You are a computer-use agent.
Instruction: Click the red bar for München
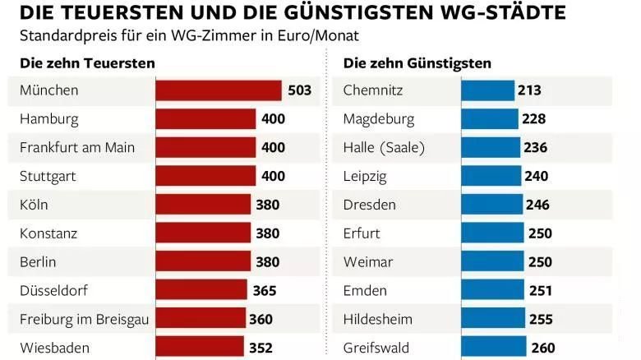pos(219,90)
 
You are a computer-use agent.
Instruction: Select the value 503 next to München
pos(300,90)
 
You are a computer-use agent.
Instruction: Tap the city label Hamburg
pos(49,119)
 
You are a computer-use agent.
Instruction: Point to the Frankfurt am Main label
pos(77,148)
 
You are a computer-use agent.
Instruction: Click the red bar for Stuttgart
pos(205,177)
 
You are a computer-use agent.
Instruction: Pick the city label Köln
pos(35,205)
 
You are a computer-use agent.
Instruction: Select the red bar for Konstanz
pos(203,233)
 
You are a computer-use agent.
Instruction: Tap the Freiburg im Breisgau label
pos(84,319)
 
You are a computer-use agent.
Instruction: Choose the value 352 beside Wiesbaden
pos(261,348)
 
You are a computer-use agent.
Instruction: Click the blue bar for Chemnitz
pos(487,90)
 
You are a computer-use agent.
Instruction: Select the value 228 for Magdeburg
pos(533,119)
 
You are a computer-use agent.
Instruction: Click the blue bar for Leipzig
pos(491,177)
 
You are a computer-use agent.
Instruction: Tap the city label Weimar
pos(368,262)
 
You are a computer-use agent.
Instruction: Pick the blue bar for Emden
pos(493,290)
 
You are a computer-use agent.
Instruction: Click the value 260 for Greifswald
pos(543,348)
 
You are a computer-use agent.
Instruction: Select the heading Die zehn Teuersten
pos(87,63)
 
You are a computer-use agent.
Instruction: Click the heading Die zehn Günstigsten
pos(417,63)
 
